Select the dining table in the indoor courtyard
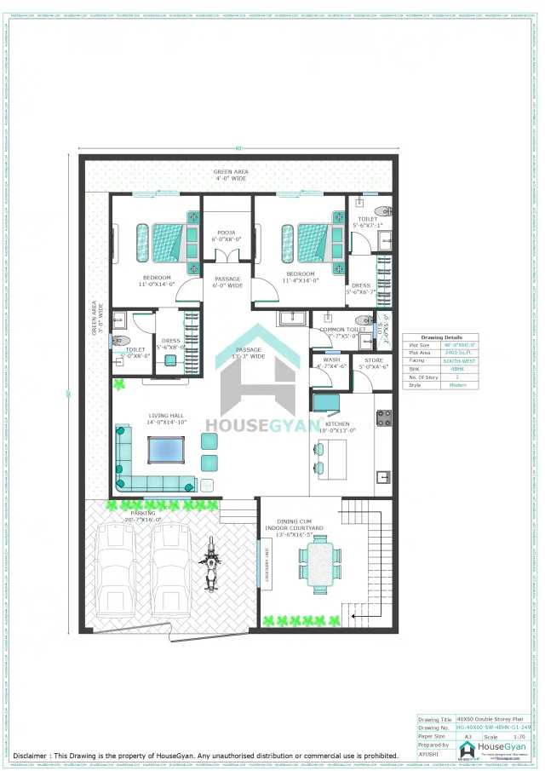pos(319,566)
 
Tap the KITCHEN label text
pos(337,424)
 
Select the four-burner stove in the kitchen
pos(383,417)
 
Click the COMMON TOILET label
pos(343,329)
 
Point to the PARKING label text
pos(143,514)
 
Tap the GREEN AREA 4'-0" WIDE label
pos(230,175)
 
